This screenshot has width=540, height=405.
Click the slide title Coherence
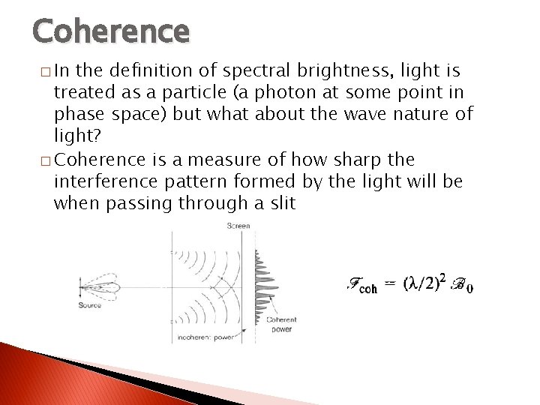click(x=111, y=31)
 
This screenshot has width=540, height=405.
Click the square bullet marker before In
click(x=46, y=72)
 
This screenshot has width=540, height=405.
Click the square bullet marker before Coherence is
click(x=46, y=160)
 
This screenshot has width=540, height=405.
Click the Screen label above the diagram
click(x=238, y=226)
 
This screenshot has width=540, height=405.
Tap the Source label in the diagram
click(x=89, y=304)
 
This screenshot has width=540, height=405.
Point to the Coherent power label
click(x=282, y=324)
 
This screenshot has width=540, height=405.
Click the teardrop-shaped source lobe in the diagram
click(x=101, y=286)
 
